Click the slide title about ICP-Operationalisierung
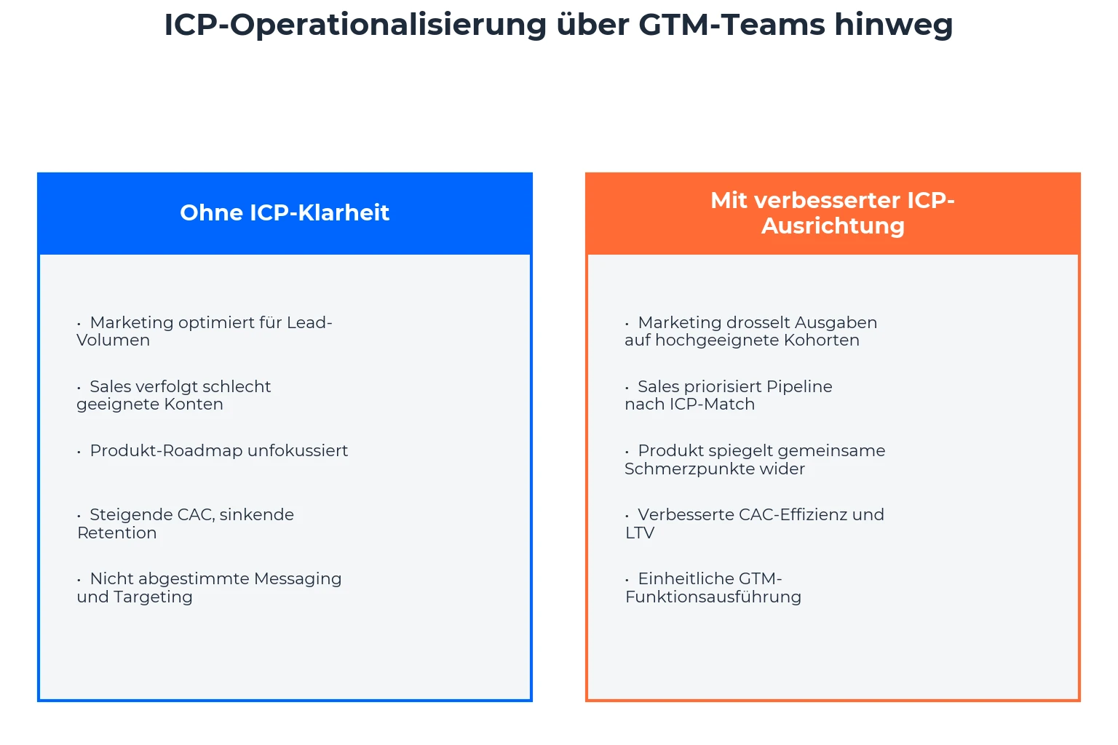click(x=558, y=25)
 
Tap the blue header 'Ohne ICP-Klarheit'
click(x=285, y=213)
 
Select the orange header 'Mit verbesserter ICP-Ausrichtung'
click(x=833, y=213)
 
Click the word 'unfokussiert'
click(x=298, y=451)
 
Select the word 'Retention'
click(x=116, y=533)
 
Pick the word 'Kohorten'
click(x=822, y=340)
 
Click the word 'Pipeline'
click(x=799, y=387)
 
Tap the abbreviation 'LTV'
click(x=639, y=533)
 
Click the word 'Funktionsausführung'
click(x=713, y=597)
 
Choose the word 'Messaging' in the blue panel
click(x=298, y=579)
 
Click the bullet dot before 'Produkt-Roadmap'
click(x=79, y=452)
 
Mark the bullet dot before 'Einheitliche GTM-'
click(x=627, y=580)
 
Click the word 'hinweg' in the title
click(x=894, y=25)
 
